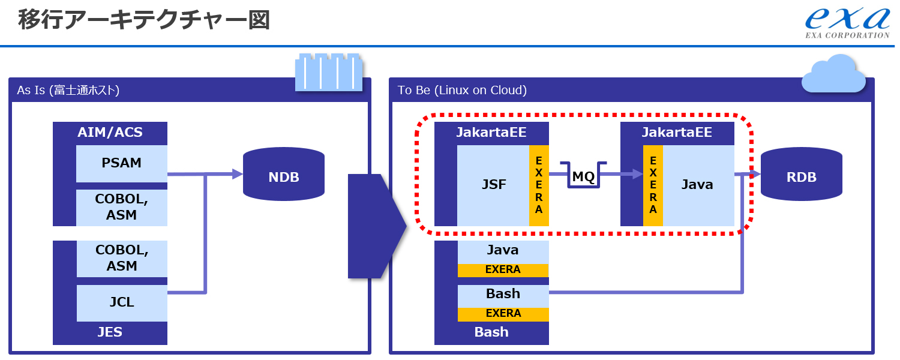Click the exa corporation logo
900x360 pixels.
(847, 23)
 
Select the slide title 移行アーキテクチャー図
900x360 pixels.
(144, 20)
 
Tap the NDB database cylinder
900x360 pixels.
(284, 176)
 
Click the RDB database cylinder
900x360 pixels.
(801, 176)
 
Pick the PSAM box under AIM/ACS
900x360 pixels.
(122, 163)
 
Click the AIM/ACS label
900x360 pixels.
(110, 132)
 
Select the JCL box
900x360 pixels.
(122, 302)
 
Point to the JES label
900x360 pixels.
(110, 332)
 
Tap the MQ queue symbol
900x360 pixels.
(583, 176)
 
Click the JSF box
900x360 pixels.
(494, 185)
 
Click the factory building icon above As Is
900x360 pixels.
(329, 73)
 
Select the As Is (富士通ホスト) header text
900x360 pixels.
(68, 90)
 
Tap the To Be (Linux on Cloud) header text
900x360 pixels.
(462, 90)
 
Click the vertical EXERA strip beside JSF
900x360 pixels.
(539, 185)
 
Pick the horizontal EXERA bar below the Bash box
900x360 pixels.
(503, 313)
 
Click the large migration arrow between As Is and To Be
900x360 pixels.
(375, 226)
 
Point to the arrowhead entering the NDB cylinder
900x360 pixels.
(237, 175)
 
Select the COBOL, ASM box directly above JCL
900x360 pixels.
(122, 258)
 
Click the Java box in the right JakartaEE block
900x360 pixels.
(698, 185)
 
